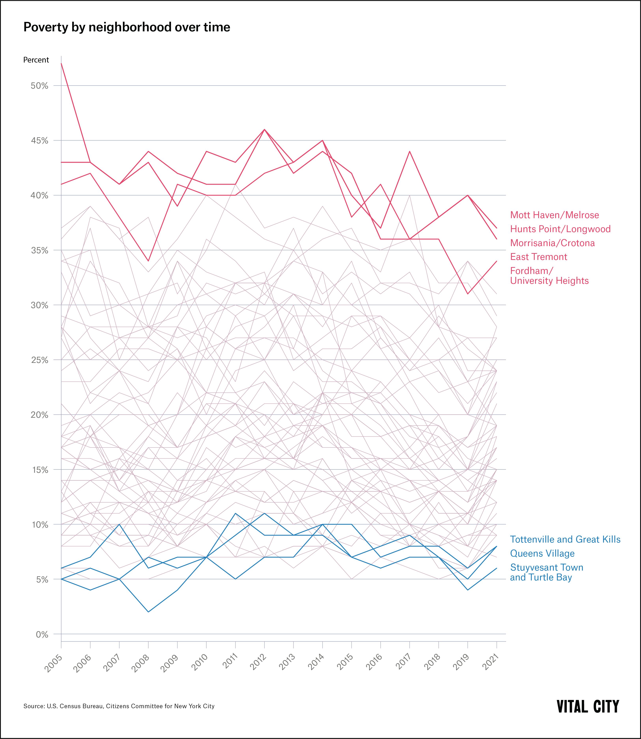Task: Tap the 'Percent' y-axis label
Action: (x=36, y=60)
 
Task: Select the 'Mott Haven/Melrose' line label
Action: (x=554, y=215)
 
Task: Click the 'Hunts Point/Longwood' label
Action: (x=560, y=229)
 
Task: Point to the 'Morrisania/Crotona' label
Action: (x=552, y=243)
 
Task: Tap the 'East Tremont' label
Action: (x=538, y=257)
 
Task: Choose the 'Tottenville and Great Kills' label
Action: (x=565, y=539)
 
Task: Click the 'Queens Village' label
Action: (x=542, y=553)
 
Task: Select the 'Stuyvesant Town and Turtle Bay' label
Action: (x=546, y=572)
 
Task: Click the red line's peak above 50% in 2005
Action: (x=62, y=64)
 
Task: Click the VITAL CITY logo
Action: (x=588, y=706)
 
